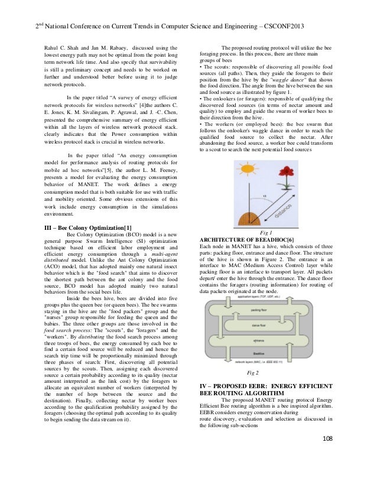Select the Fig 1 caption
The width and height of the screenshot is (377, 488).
pyautogui.click(x=265, y=233)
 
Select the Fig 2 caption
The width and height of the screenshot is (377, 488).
pyautogui.click(x=252, y=373)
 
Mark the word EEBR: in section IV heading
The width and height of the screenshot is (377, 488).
pyautogui.click(x=257, y=385)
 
